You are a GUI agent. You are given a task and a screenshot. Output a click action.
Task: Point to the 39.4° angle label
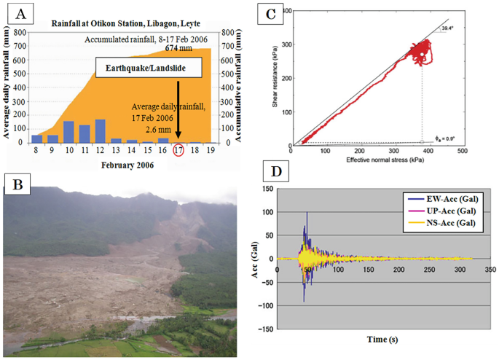(448, 30)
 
